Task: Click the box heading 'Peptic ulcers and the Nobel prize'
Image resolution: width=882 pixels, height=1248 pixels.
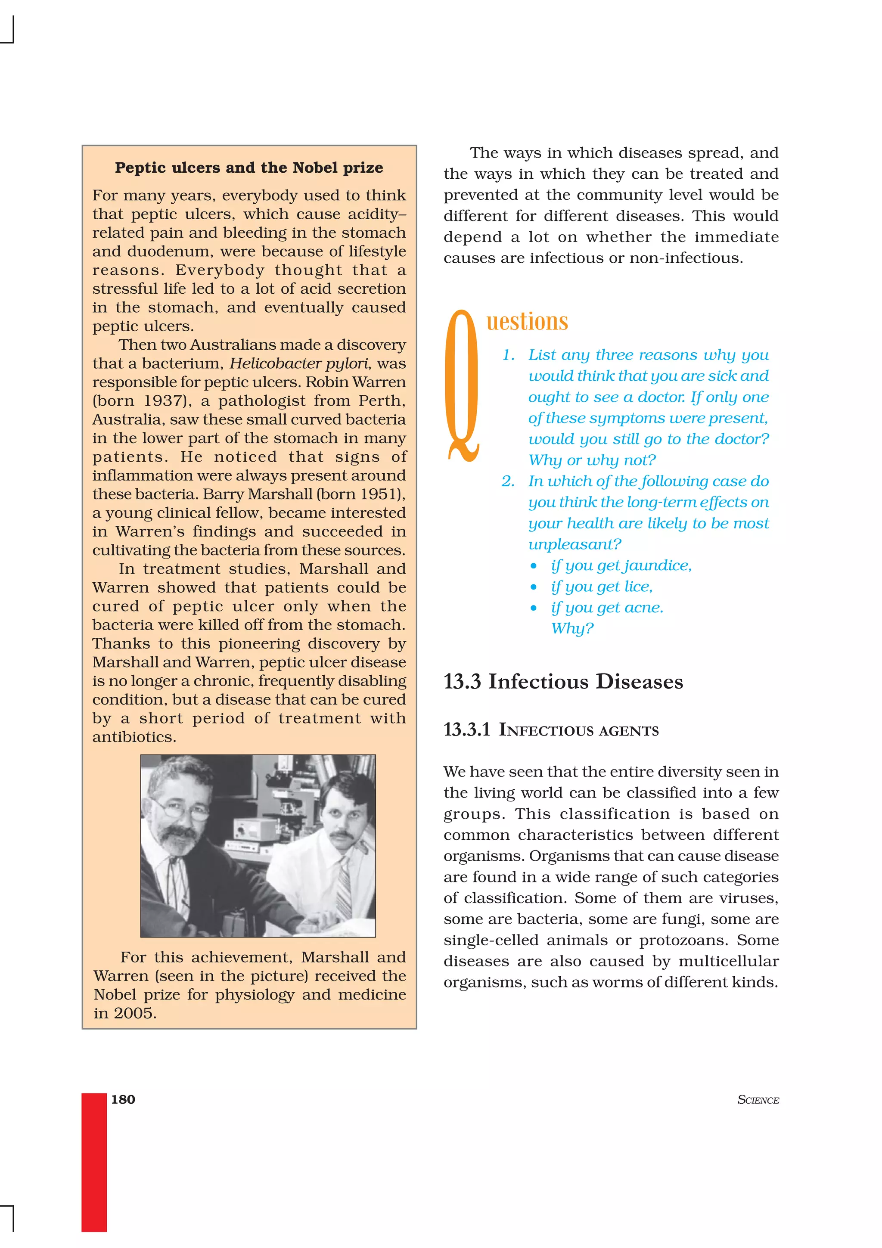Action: (x=249, y=168)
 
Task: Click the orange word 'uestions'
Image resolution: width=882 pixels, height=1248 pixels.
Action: (x=527, y=321)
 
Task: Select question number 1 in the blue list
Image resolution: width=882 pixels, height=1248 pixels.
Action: (x=508, y=355)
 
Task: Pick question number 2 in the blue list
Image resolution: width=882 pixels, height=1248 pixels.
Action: (x=508, y=481)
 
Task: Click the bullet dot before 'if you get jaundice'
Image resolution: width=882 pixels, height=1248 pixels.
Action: (x=534, y=566)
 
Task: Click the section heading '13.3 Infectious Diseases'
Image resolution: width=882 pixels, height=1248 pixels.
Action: (x=563, y=682)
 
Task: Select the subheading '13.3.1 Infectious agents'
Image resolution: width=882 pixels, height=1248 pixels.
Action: (x=551, y=730)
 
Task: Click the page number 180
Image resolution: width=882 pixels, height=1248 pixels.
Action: (x=123, y=1099)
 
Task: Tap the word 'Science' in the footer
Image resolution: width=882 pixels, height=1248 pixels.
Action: (x=758, y=1100)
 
